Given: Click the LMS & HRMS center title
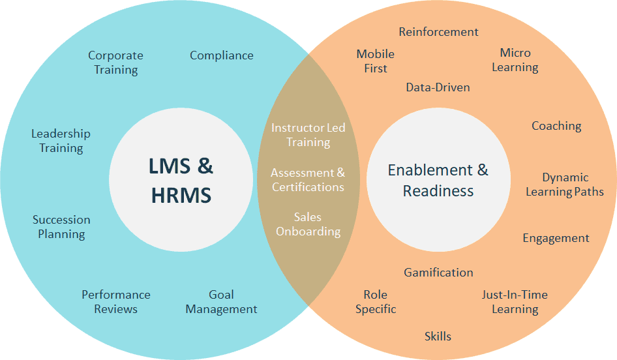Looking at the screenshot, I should pos(181,179).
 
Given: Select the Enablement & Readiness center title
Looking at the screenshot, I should pos(438,180).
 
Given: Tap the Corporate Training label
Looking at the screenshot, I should pos(115,63).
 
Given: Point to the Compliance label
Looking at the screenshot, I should pos(222,55).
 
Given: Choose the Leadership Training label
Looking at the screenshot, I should pos(61,141).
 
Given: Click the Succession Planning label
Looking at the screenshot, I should pos(61,227).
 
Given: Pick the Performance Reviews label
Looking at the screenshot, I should pos(116,302).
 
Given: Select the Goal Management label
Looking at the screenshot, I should pos(222,302).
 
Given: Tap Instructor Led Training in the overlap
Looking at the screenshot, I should pos(308,134).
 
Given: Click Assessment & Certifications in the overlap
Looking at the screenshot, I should pos(308,180).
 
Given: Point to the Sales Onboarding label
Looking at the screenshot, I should pos(308,224).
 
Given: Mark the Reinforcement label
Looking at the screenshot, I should pos(438,31).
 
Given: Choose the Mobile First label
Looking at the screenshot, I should pos(376,61).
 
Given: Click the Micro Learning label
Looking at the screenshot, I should pos(515,59).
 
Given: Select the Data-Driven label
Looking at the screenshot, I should pos(438,87).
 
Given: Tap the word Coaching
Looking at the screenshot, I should pos(556,126).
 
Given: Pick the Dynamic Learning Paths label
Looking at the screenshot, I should pos(565,185).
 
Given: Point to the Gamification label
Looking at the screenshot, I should pos(438,272).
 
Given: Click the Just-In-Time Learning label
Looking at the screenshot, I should pos(515,302).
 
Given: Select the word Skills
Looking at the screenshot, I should pos(438,337).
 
